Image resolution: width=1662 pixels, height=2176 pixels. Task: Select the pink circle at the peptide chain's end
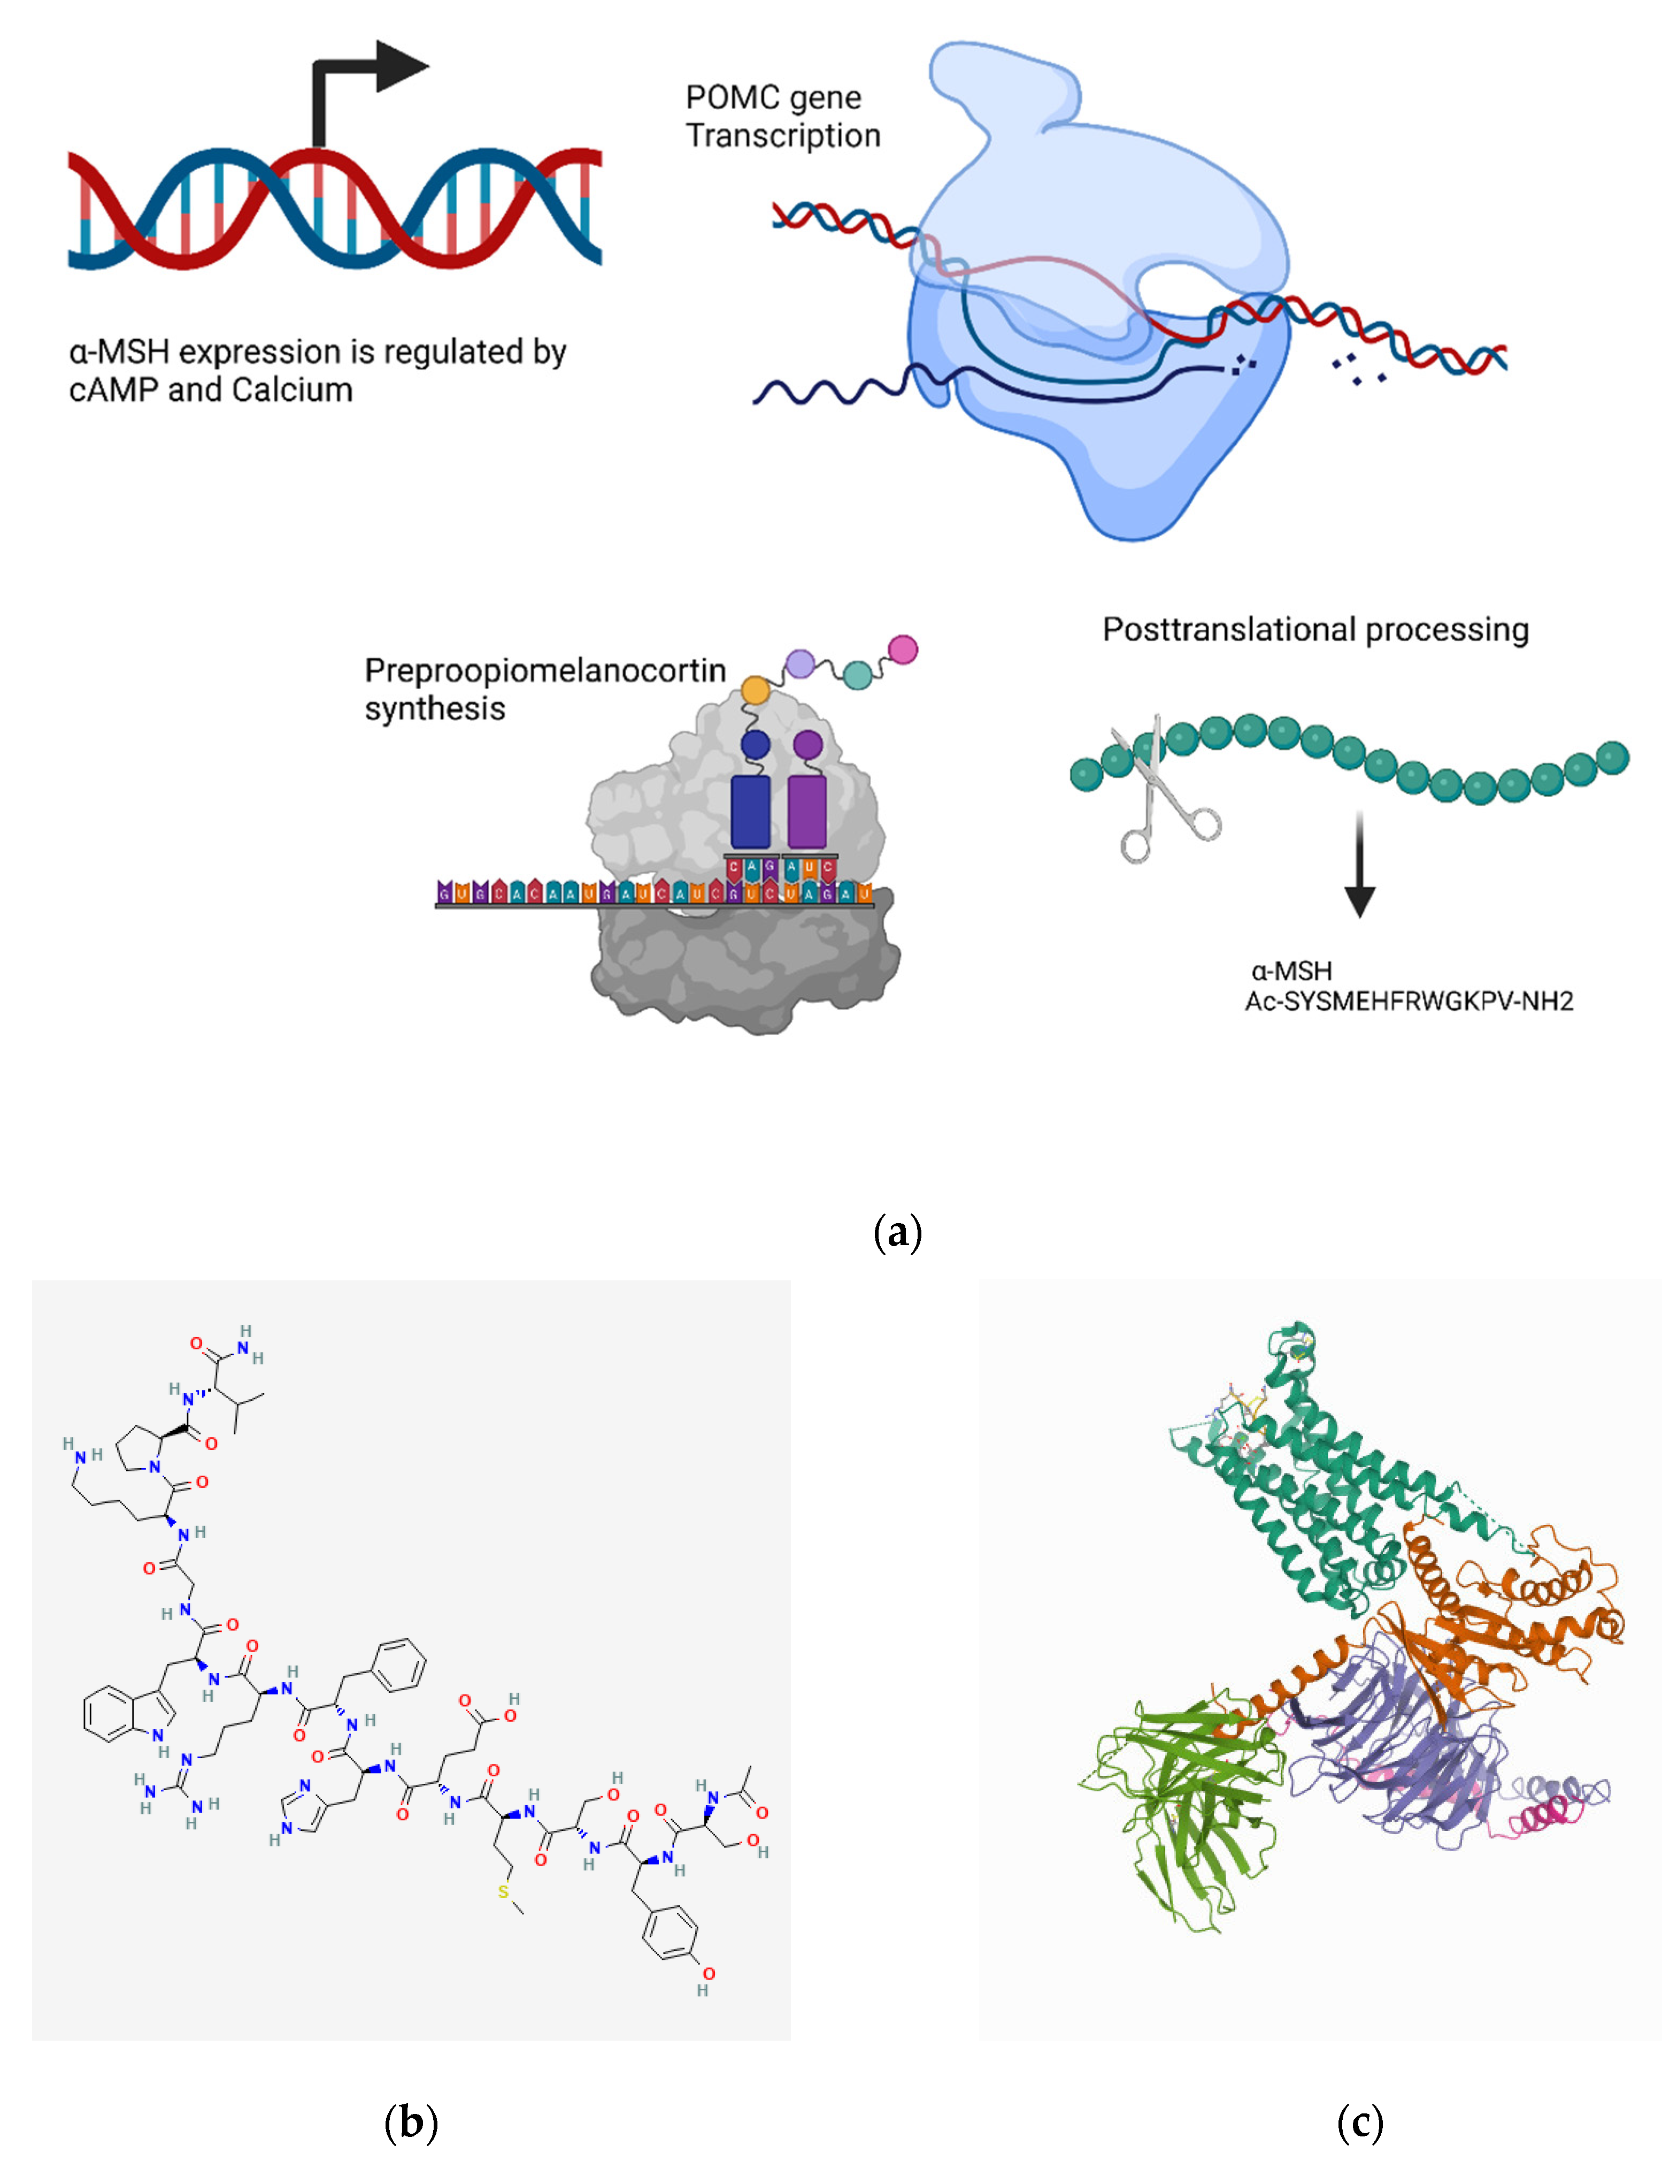coord(902,650)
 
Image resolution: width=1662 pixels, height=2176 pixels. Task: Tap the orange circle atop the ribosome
coord(755,690)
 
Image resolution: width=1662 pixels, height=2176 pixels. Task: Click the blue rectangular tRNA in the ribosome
coord(750,812)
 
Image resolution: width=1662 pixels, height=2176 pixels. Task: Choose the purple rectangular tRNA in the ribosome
coord(807,812)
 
